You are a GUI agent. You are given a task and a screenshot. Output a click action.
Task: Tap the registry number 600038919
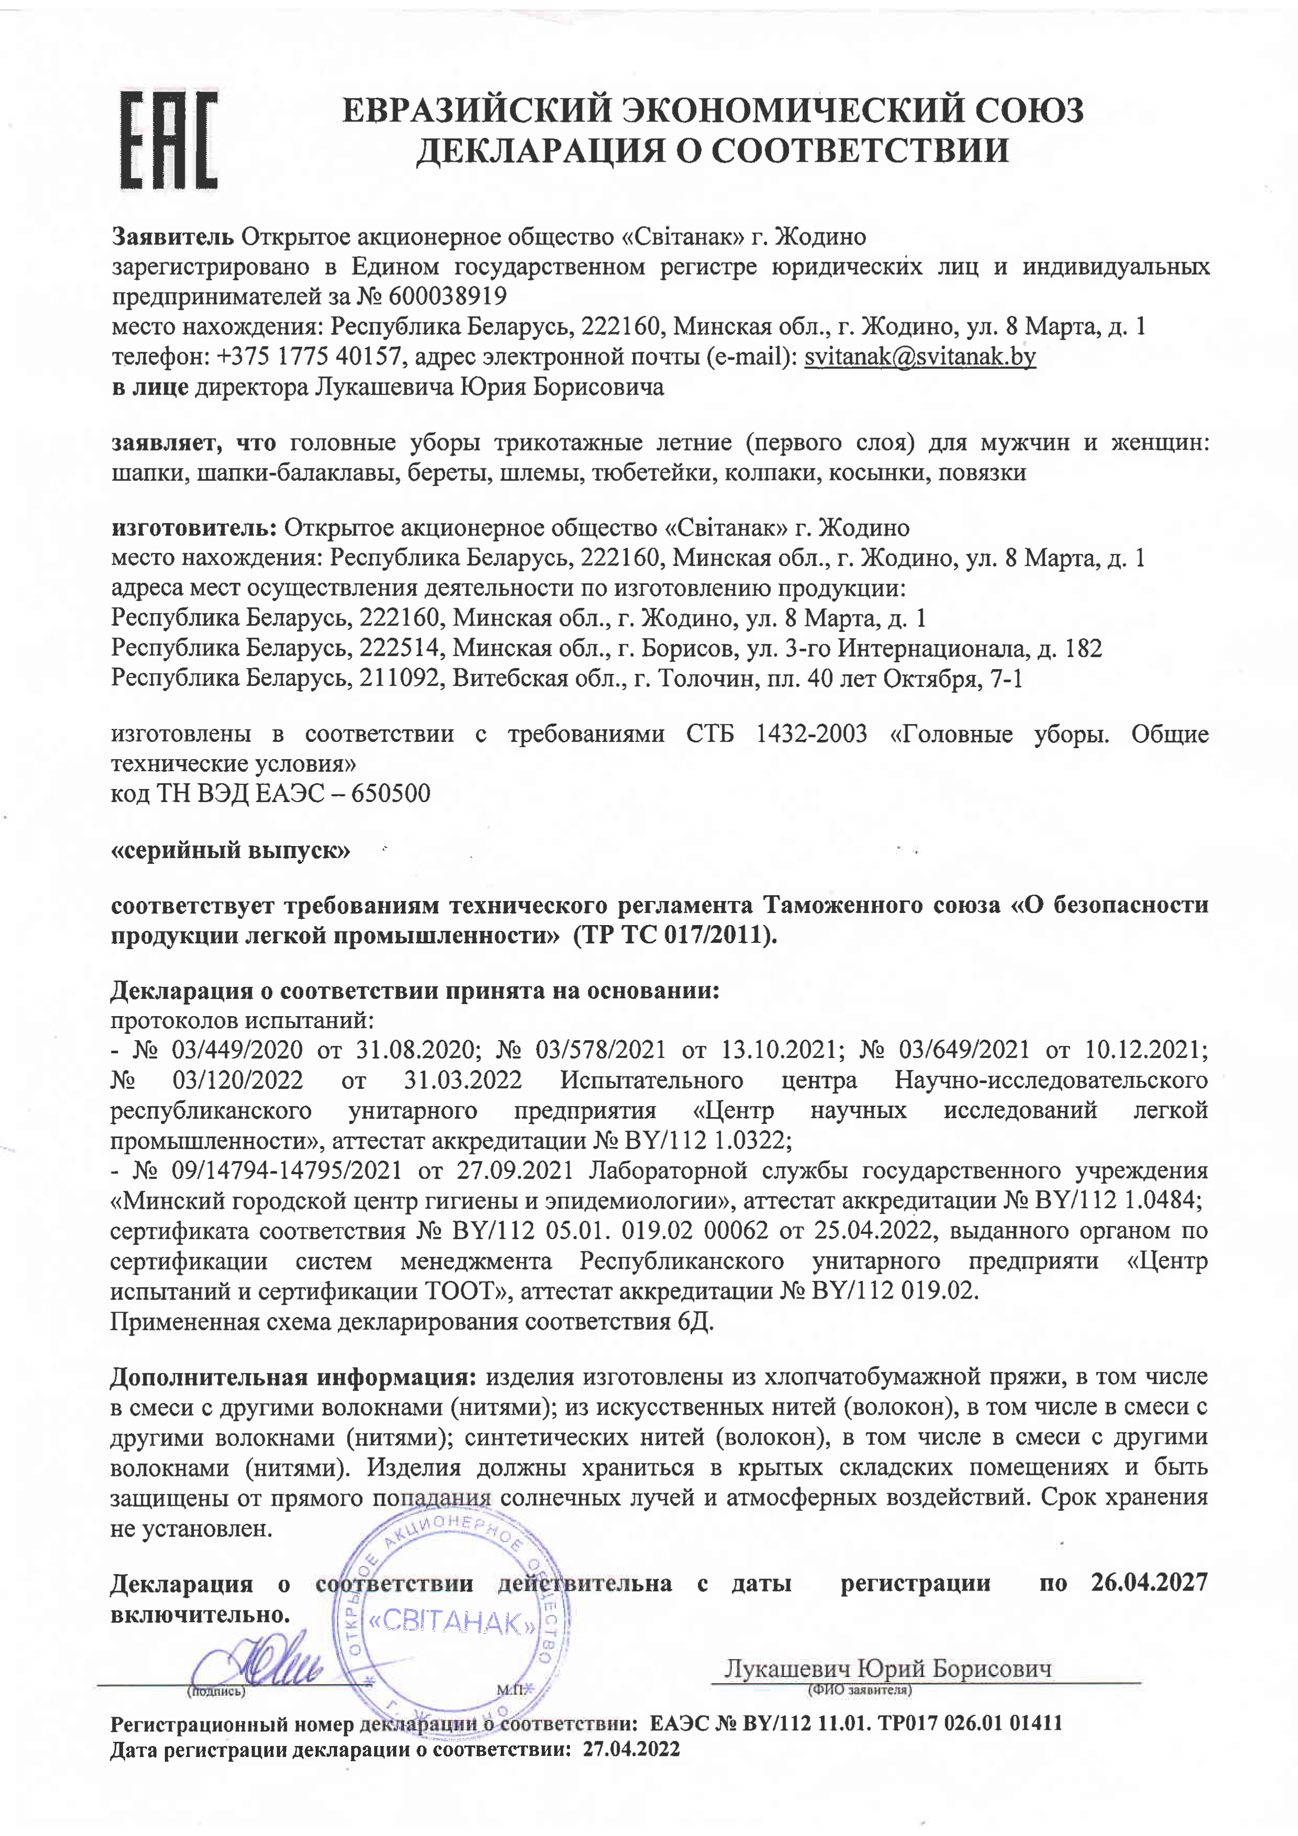pos(449,297)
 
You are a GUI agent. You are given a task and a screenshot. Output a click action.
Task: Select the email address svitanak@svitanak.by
pos(920,357)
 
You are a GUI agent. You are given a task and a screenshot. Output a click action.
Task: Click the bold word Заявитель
pos(173,236)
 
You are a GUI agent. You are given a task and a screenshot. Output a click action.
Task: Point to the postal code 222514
pos(400,648)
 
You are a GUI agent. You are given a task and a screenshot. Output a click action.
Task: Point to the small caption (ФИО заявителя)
pos(860,1691)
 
